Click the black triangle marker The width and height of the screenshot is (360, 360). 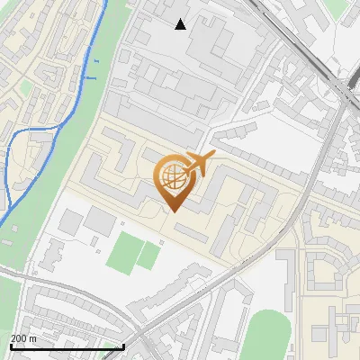pos(181,24)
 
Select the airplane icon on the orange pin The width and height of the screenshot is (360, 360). pos(199,164)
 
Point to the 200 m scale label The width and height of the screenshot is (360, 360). pos(23,337)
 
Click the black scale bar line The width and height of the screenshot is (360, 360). pos(67,346)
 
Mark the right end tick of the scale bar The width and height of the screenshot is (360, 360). pos(124,346)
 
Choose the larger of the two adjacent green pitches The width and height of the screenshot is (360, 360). pos(123,252)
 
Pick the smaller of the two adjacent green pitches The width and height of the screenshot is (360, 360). pos(149,256)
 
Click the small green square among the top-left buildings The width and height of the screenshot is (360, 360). pos(24,87)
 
